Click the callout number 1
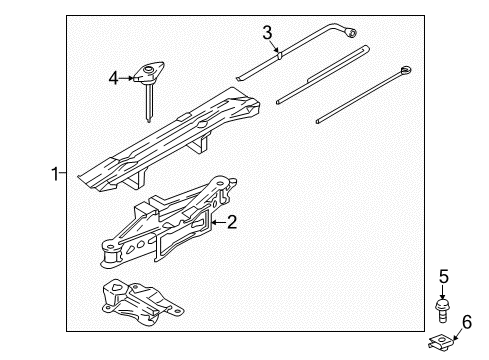coord(56,173)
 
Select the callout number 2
coord(233,222)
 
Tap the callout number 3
coord(268,34)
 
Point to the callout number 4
coord(114,75)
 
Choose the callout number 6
coord(464,320)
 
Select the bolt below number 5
coord(441,304)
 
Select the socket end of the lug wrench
coord(354,34)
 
